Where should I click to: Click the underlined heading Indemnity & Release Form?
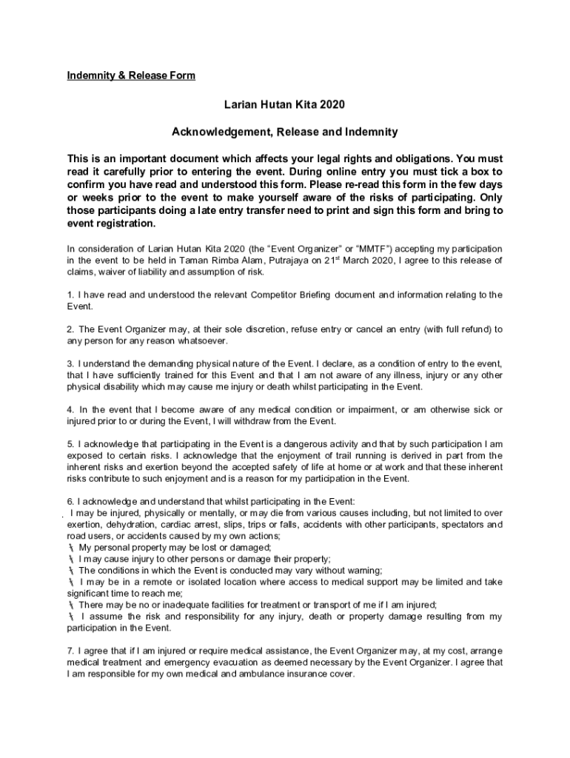pos(131,76)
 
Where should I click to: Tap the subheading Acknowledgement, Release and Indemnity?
pos(285,132)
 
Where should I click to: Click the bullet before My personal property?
pos(70,548)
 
